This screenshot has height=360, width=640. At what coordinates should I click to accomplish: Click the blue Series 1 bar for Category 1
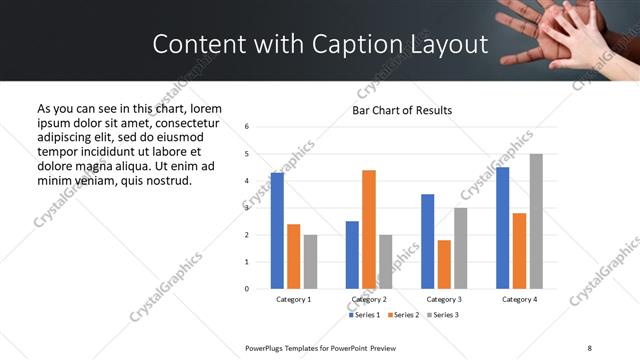[x=277, y=231]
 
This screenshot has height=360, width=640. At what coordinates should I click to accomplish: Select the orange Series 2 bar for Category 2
[x=369, y=229]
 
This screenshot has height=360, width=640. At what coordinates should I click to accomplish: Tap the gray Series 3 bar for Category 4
[x=536, y=221]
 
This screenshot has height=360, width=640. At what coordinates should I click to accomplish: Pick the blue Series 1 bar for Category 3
[x=428, y=241]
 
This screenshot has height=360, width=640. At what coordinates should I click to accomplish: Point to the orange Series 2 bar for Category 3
[x=444, y=264]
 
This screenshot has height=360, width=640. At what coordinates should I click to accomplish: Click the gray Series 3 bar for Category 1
[x=310, y=261]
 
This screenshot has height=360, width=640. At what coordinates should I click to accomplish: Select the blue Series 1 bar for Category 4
[x=503, y=228]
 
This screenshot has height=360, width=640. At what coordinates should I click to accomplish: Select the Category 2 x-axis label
[x=369, y=299]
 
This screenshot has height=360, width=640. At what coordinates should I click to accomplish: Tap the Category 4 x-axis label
[x=519, y=299]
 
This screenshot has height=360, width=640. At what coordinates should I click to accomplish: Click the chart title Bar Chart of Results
[x=402, y=110]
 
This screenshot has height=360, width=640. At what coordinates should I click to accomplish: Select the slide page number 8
[x=590, y=346]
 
